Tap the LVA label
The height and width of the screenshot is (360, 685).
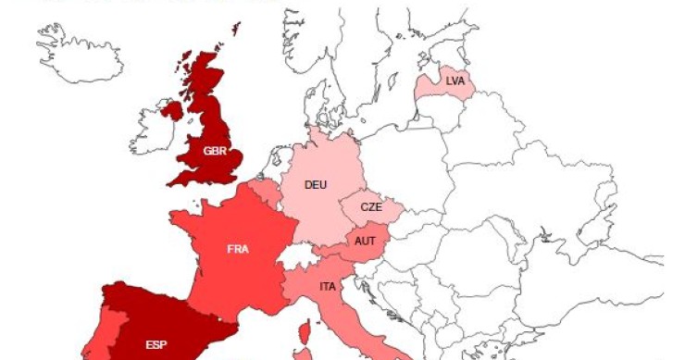coord(455,81)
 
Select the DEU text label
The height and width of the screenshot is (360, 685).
coord(316,184)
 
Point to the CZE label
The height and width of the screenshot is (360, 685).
coord(371,207)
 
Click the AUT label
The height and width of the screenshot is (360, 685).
coord(365,241)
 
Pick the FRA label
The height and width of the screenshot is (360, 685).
coord(238,248)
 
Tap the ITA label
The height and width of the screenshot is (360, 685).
coord(328,286)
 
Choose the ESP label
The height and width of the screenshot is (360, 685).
coord(156,345)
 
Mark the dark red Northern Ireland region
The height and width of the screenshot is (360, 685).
coord(172,110)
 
